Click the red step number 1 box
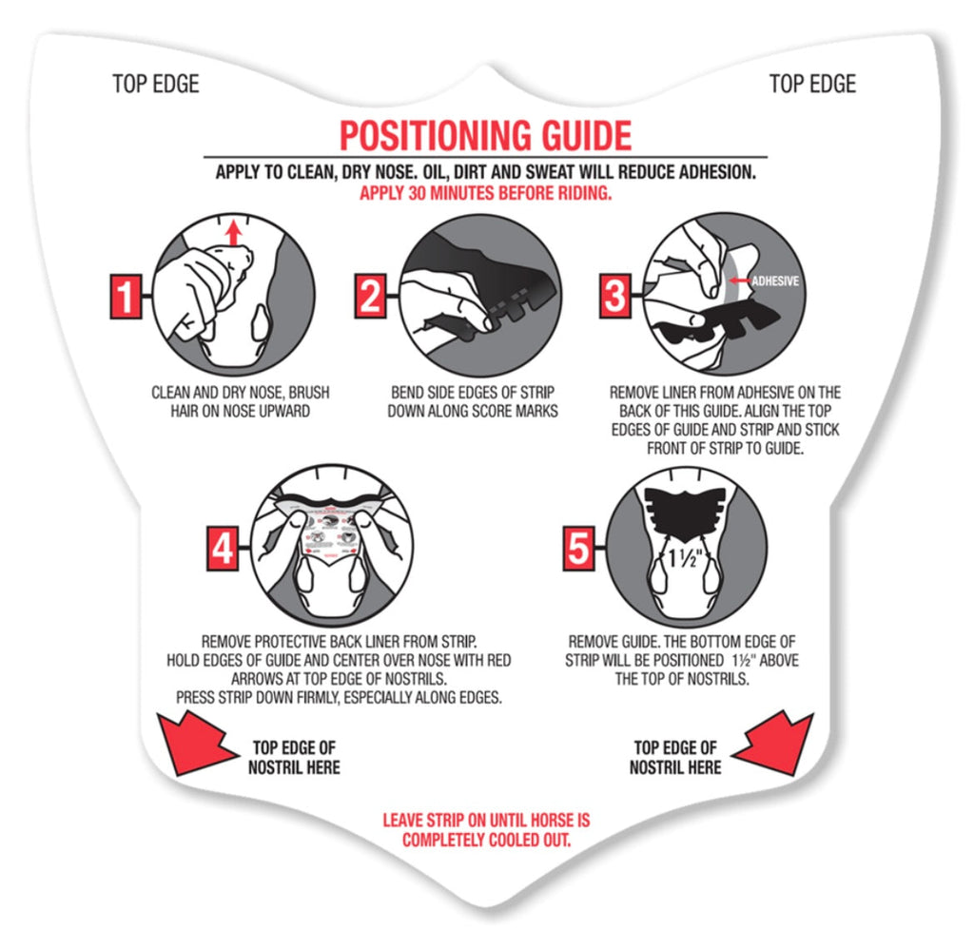127,297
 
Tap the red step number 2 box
370,296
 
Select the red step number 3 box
615,296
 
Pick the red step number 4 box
223,549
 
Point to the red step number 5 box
578,548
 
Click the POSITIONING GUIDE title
486,135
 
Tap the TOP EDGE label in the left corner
156,84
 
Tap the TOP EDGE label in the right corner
812,84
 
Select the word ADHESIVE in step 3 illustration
775,281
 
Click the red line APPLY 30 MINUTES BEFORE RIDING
486,193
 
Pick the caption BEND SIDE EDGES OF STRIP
473,393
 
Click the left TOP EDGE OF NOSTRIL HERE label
294,758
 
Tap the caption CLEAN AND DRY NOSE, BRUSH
241,393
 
